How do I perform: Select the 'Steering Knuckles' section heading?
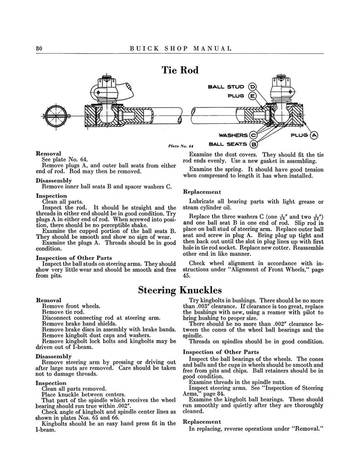click(x=180, y=289)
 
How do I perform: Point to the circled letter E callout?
click(x=252, y=96)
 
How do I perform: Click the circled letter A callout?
click(x=314, y=135)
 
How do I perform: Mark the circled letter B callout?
click(x=254, y=145)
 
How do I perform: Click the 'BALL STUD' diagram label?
click(x=226, y=87)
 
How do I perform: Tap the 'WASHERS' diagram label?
click(x=233, y=135)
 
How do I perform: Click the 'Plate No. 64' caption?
click(x=181, y=146)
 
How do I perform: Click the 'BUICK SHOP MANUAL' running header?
click(x=181, y=48)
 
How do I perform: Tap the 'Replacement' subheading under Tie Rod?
click(x=202, y=192)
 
